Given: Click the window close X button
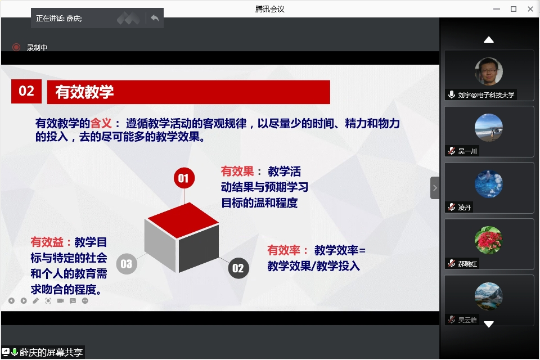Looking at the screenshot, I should [x=530, y=8].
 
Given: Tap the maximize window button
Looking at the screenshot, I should [x=513, y=8].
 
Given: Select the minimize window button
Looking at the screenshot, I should [x=496, y=8].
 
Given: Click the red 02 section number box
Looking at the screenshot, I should [x=26, y=91].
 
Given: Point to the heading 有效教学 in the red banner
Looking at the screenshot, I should [x=84, y=92].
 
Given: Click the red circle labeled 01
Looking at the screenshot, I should [x=183, y=178].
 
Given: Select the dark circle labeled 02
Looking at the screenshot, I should [x=238, y=268].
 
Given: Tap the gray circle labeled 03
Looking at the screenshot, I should [x=126, y=264].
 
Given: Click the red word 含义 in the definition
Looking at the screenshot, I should [x=102, y=123].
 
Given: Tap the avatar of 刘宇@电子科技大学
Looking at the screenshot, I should [x=488, y=71].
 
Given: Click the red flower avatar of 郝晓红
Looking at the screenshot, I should [x=488, y=240].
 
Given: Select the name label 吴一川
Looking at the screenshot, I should [x=468, y=151].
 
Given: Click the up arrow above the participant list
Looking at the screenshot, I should [x=489, y=39].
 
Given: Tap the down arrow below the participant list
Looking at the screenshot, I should [x=489, y=324].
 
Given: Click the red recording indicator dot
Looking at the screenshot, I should [x=16, y=48].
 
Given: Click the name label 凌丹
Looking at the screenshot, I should [x=465, y=208].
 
